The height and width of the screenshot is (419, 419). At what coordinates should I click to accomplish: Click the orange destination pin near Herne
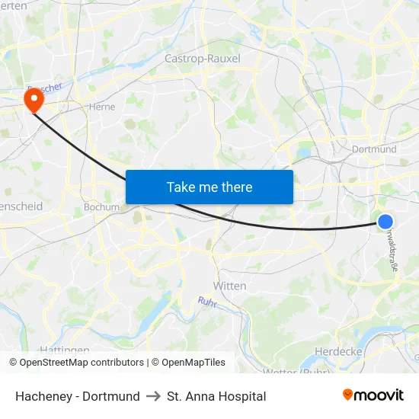point(34,101)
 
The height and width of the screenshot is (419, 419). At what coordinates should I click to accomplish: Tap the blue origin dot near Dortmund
point(385,222)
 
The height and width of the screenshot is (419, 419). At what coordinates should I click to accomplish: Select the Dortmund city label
point(374,149)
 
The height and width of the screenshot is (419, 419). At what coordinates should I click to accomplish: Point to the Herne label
point(102,107)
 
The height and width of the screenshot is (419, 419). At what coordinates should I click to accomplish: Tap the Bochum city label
point(101,206)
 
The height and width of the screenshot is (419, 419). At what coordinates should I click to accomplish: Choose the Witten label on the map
point(230,286)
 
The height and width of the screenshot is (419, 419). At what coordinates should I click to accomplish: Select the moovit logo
point(373,395)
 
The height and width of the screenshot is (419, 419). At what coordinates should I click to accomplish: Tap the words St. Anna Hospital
point(216,396)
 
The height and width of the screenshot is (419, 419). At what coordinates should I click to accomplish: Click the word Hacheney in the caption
point(43,396)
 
